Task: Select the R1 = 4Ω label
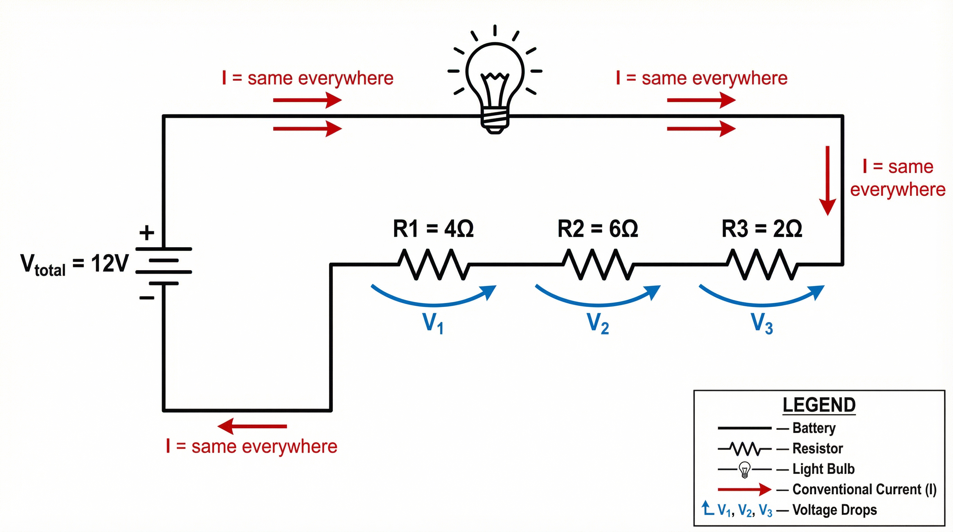433,229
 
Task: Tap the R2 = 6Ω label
597,229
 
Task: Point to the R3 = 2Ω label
762,229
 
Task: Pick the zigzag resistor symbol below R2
598,264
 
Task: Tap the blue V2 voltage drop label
597,323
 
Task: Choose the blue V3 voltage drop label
762,323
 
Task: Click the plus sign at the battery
147,233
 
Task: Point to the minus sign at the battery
147,298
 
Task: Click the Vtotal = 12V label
74,264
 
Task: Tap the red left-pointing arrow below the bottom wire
252,426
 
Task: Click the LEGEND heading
819,405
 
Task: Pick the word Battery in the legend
814,428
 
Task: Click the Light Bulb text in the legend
823,469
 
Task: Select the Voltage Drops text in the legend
834,510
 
